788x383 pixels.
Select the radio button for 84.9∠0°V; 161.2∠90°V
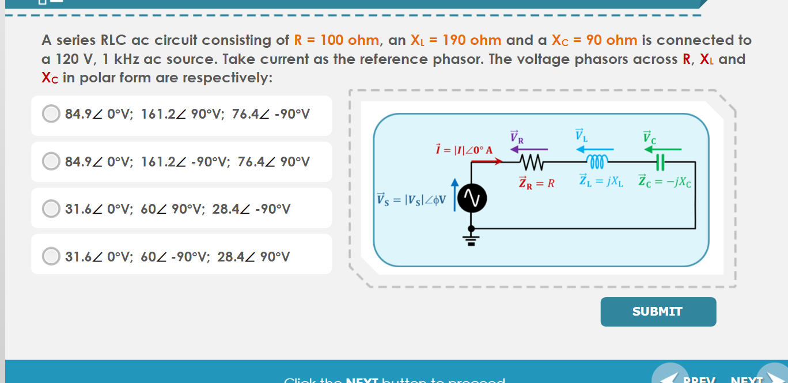click(51, 113)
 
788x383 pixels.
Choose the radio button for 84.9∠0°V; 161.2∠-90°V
click(51, 161)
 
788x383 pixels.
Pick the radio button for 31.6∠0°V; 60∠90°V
click(51, 208)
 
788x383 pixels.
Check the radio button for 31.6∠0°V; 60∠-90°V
click(51, 256)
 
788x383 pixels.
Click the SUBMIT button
click(658, 312)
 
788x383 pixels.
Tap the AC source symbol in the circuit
click(471, 198)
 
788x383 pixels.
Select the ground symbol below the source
click(471, 238)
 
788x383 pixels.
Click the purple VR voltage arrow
click(524, 149)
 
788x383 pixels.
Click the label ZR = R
click(536, 183)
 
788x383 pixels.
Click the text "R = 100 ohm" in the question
click(336, 40)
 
